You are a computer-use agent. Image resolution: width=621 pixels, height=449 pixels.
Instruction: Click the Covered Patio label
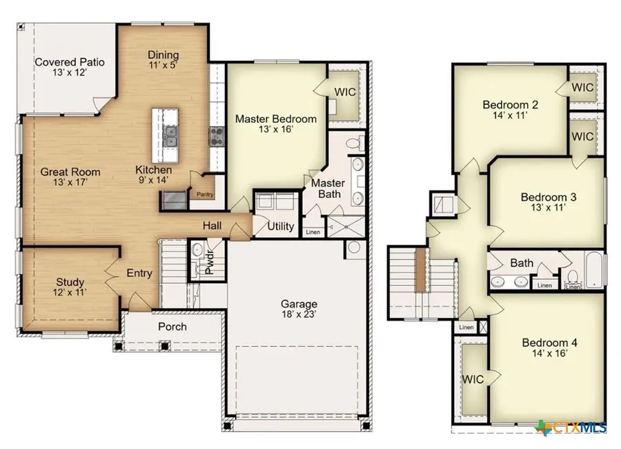coord(69,68)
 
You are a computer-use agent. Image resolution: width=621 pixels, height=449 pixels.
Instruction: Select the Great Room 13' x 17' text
coord(70,178)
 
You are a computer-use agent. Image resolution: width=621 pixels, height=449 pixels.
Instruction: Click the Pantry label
coord(206,195)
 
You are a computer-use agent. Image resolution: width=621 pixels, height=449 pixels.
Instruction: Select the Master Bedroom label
coord(276,124)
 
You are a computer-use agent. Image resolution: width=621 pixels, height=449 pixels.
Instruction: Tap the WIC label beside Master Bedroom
coord(344,92)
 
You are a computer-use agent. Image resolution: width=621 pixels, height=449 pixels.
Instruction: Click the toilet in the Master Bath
coord(353,144)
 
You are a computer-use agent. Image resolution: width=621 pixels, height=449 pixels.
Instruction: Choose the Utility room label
coord(280,227)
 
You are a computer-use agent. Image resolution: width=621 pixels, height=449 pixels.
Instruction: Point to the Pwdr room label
coord(210,265)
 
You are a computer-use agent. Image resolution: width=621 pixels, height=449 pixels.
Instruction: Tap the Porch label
coord(172,326)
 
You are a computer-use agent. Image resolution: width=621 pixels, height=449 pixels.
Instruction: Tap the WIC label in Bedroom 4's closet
coord(473,379)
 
